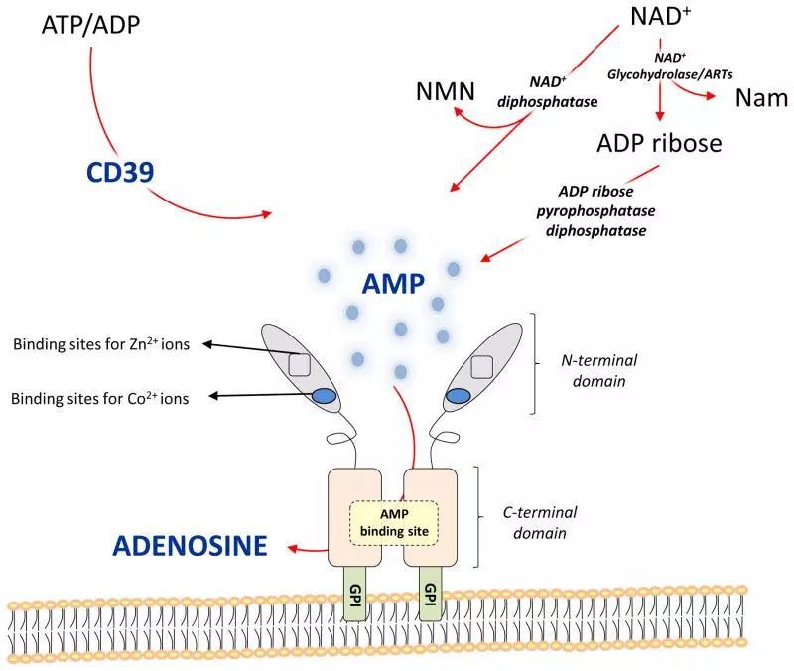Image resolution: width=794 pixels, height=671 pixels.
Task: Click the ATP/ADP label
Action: click(x=90, y=24)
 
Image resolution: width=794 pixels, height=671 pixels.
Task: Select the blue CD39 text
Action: click(x=120, y=172)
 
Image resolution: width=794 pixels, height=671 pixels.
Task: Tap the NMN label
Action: click(x=446, y=91)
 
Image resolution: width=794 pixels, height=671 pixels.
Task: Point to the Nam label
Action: click(x=761, y=98)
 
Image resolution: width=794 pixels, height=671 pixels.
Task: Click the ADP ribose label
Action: click(x=659, y=143)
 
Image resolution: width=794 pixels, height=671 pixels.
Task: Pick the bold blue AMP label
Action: click(x=393, y=284)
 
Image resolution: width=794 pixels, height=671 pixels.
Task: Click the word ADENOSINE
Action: click(x=190, y=545)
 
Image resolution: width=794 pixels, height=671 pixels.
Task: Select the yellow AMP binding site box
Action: click(x=394, y=523)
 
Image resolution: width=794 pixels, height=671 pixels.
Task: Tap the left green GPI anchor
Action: click(x=355, y=594)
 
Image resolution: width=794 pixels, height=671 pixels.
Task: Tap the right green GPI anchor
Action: click(x=430, y=594)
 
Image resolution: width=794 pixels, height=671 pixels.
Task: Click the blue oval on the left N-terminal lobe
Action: click(x=324, y=395)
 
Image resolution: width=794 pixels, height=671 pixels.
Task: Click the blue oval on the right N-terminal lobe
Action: click(x=458, y=396)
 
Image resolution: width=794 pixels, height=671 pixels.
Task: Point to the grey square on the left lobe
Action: click(x=300, y=365)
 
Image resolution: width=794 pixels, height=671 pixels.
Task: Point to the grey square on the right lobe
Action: click(x=482, y=367)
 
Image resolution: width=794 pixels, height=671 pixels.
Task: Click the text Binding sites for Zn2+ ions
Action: click(x=101, y=344)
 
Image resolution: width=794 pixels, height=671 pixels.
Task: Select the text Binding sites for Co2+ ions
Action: click(x=100, y=399)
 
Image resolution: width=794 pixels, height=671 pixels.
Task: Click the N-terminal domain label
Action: click(x=599, y=370)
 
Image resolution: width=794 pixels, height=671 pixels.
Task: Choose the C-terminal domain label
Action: click(x=540, y=523)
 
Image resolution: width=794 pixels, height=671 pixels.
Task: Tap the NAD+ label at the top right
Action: click(x=661, y=16)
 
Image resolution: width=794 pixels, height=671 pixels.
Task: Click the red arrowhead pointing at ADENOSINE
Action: click(x=292, y=548)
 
